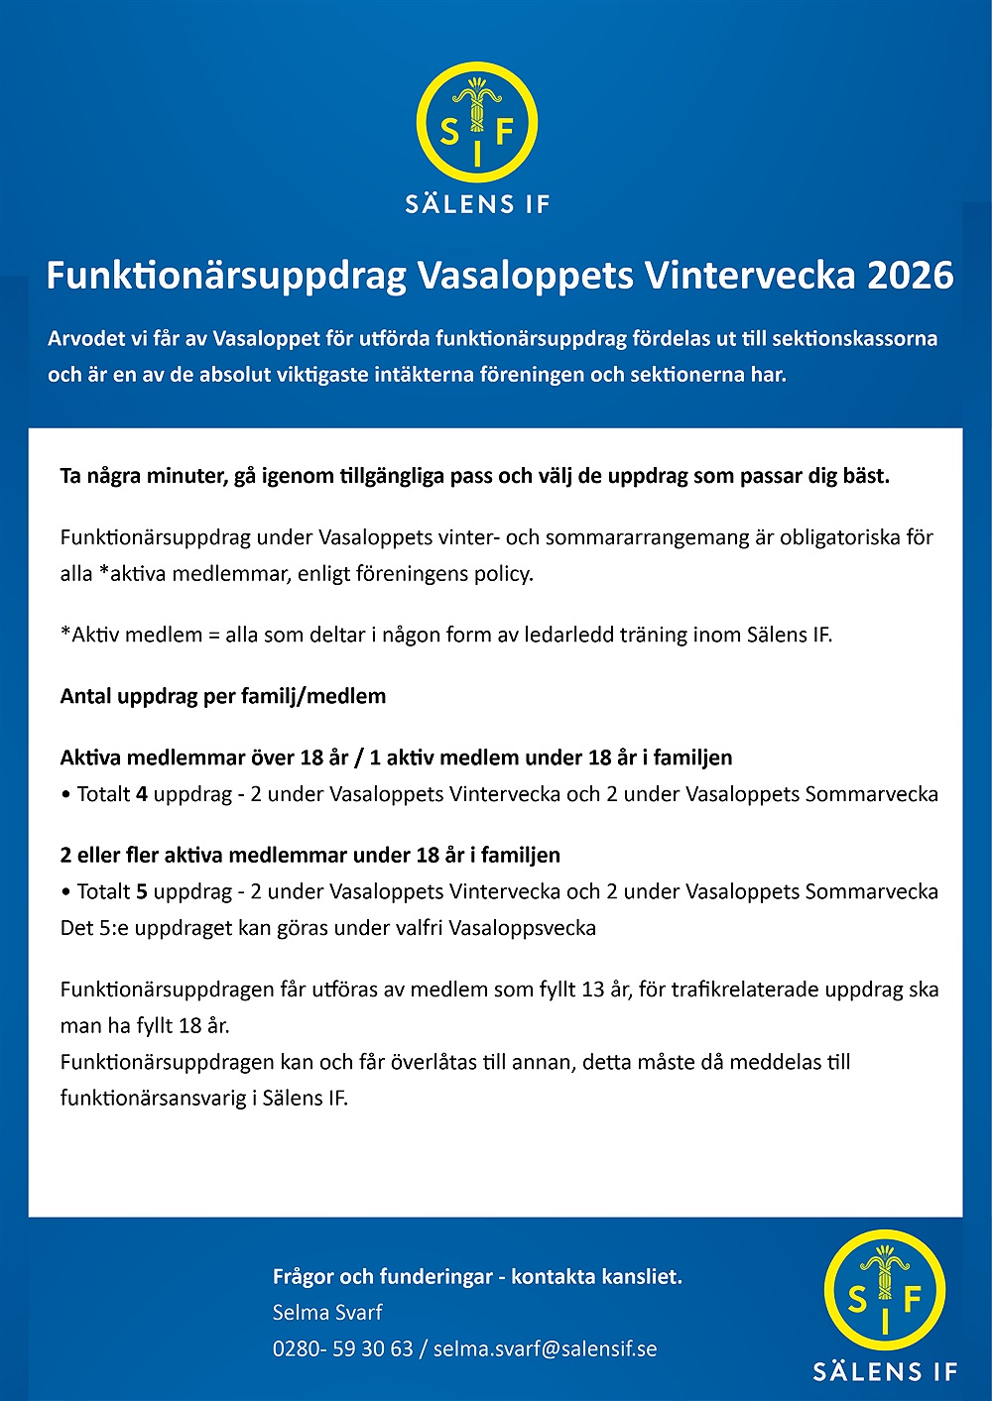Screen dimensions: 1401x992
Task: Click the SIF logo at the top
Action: [x=477, y=123]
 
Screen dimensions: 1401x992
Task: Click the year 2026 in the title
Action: [x=910, y=276]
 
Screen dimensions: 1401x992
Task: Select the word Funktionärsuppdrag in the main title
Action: [x=226, y=276]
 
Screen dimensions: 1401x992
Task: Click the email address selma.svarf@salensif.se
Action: [x=545, y=1348]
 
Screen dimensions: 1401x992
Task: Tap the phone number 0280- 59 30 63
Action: [x=342, y=1348]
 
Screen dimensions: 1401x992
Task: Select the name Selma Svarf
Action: [x=327, y=1313]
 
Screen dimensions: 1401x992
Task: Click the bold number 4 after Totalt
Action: [x=142, y=794]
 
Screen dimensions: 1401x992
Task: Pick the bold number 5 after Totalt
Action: [x=142, y=891]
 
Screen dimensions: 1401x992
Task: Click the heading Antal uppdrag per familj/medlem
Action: [x=223, y=696]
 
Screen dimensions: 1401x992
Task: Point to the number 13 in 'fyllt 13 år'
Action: [x=593, y=990]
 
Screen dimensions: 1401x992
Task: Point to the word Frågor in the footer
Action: [x=302, y=1276]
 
